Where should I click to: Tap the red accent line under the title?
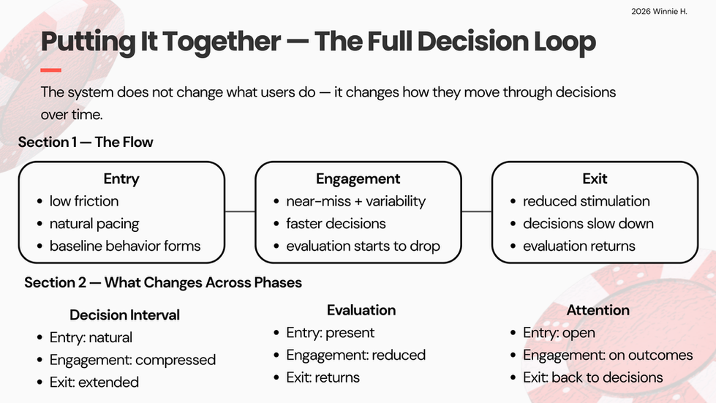50,69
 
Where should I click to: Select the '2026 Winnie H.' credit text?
659,12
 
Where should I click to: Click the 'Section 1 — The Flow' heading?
86,142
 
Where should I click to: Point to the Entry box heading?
121,178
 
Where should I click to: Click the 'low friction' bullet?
84,201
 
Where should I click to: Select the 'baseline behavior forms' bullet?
125,246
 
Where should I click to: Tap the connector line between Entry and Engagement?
240,212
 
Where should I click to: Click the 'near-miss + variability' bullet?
355,201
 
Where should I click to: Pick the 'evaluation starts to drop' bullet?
363,246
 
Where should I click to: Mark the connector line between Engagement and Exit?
477,212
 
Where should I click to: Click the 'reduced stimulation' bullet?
587,201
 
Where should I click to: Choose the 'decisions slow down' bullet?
588,224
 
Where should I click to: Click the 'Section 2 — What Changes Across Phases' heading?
163,282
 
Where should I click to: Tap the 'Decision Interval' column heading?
124,315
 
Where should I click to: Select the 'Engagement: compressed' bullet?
132,360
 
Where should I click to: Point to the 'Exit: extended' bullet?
94,382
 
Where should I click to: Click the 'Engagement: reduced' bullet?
355,355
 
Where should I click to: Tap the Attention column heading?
598,310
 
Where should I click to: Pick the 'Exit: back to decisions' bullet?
592,377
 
